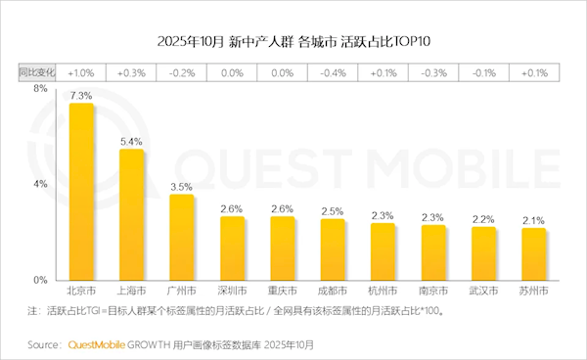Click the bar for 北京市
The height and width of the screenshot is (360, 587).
click(x=80, y=192)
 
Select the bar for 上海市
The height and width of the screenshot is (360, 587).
click(x=131, y=214)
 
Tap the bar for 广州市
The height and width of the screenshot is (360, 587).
click(x=182, y=237)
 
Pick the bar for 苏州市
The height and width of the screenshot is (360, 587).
click(x=533, y=253)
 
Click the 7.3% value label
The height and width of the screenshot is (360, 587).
click(x=80, y=96)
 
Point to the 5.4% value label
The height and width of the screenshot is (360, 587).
click(x=131, y=142)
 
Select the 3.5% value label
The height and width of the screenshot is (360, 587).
click(x=182, y=186)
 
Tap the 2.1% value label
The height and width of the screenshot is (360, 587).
click(x=533, y=220)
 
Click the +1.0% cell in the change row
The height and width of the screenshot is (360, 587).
click(x=80, y=72)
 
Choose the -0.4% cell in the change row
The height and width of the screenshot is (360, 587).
click(x=332, y=72)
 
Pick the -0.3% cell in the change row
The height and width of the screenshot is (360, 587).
click(x=432, y=72)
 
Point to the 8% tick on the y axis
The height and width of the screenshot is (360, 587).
click(x=40, y=89)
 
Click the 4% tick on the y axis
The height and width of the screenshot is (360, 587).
click(x=40, y=184)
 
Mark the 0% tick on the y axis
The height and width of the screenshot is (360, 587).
click(x=40, y=280)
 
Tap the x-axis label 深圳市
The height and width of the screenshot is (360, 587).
click(x=232, y=292)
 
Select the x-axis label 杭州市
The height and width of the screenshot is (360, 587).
click(x=383, y=292)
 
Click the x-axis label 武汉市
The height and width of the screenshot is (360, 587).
click(x=483, y=292)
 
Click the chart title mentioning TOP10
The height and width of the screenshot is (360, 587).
click(x=293, y=41)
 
